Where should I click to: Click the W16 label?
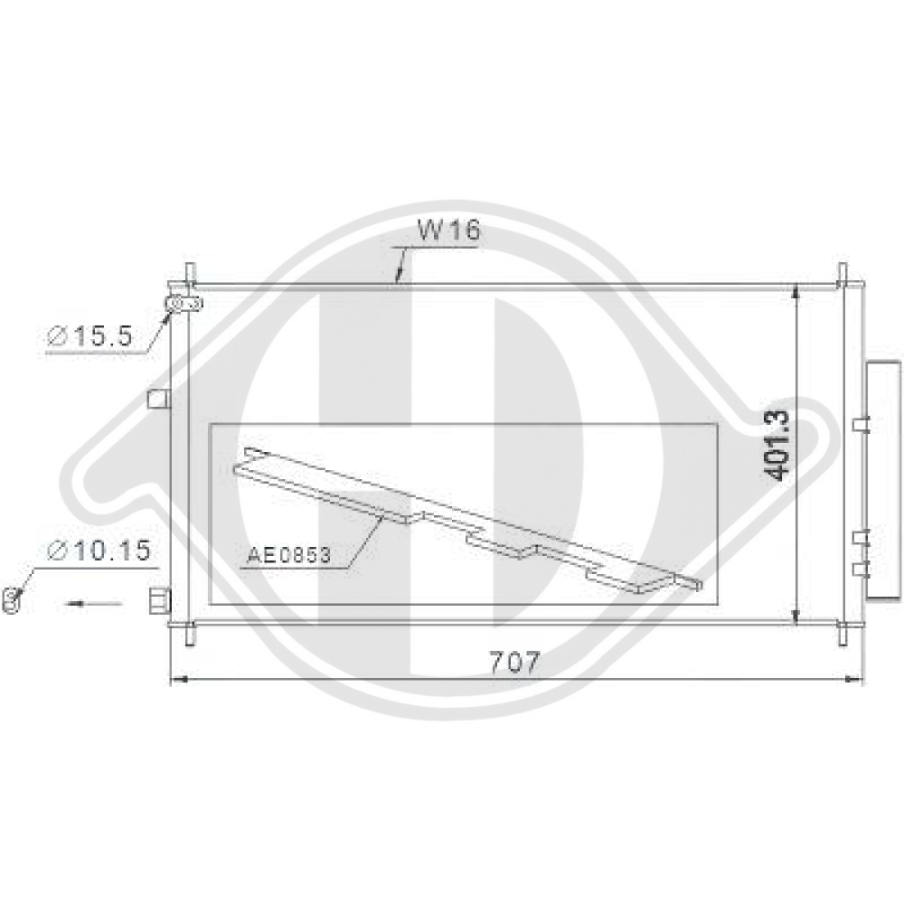(x=448, y=231)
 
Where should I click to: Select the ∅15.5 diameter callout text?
(x=90, y=337)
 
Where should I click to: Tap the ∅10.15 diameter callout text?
(x=99, y=550)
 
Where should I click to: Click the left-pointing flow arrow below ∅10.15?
(x=94, y=601)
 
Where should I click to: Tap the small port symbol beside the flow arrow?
(x=13, y=598)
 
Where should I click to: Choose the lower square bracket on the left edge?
(x=159, y=600)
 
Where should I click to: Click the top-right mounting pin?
(x=843, y=272)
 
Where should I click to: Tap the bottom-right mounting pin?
(x=843, y=635)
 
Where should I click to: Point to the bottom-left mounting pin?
(x=190, y=635)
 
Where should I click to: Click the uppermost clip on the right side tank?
(x=860, y=424)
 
